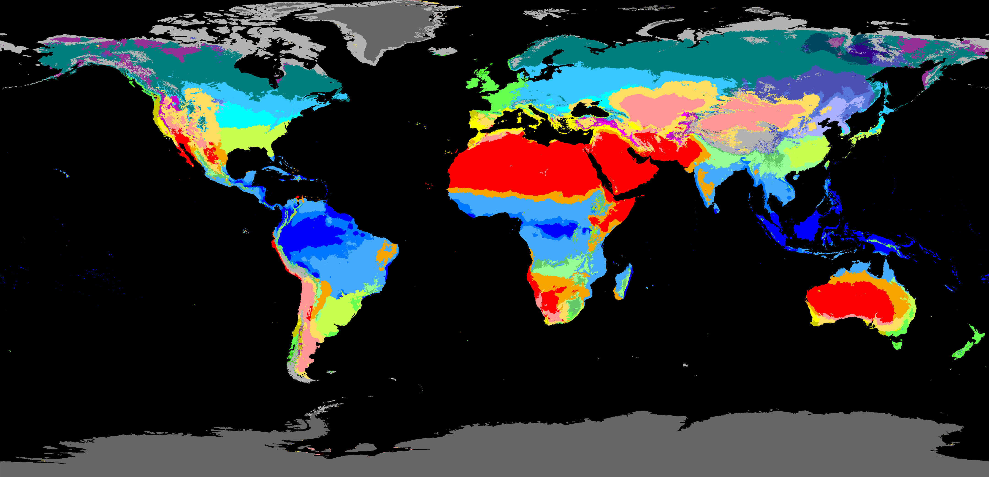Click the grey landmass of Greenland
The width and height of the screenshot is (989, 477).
[x=376, y=31]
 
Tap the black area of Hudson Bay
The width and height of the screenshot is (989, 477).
[x=261, y=69]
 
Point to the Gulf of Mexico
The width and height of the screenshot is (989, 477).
[x=246, y=161]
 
